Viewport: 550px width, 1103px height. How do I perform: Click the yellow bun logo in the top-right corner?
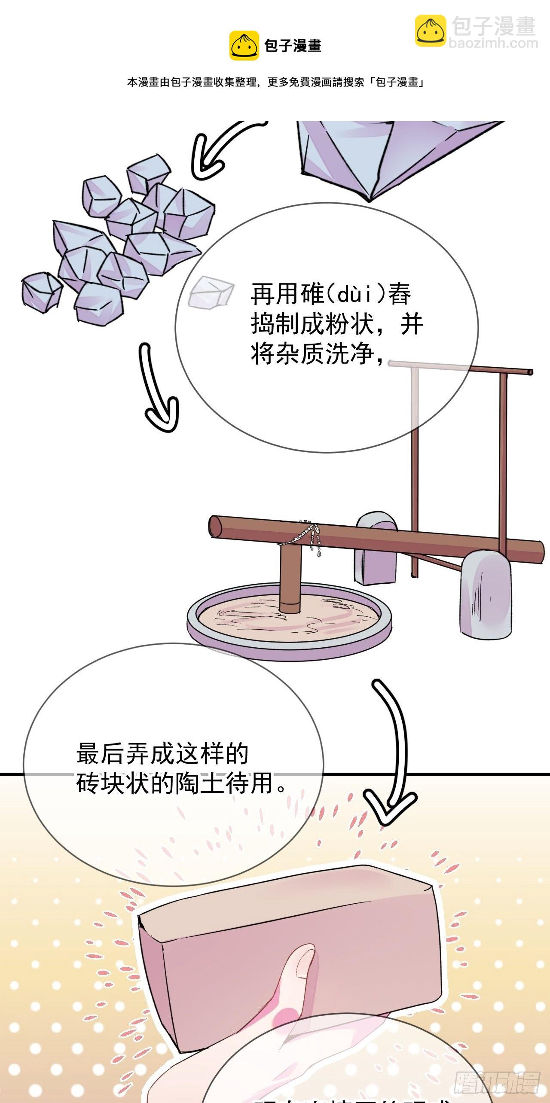click(431, 30)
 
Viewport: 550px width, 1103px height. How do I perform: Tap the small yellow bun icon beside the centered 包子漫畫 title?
click(244, 46)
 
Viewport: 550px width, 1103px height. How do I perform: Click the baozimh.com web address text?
click(493, 43)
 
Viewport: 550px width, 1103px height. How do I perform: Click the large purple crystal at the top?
click(387, 155)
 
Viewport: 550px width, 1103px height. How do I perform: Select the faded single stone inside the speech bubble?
click(211, 292)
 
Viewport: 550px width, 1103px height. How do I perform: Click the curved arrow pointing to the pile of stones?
click(215, 146)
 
